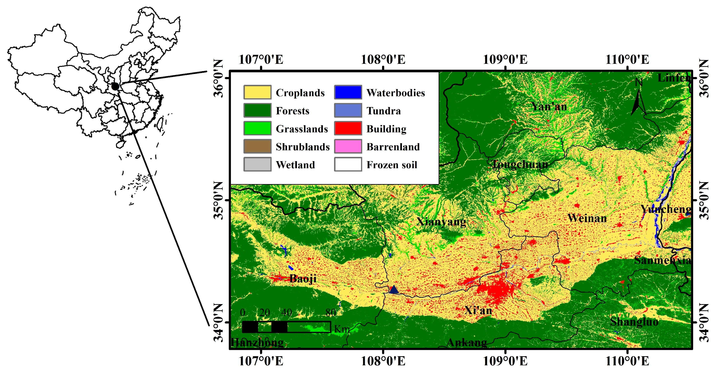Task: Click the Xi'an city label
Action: (478, 310)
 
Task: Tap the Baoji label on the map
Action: (303, 278)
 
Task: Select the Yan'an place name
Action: (549, 107)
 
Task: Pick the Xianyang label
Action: (441, 222)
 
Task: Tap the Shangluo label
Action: (634, 322)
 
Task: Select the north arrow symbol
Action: (638, 102)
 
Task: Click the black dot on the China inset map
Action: (115, 87)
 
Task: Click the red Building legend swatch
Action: (348, 128)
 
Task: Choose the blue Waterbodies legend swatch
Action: (348, 92)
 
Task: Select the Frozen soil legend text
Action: (392, 165)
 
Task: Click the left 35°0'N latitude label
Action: (219, 200)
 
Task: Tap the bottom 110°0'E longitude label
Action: (627, 361)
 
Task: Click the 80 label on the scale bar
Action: (331, 313)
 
